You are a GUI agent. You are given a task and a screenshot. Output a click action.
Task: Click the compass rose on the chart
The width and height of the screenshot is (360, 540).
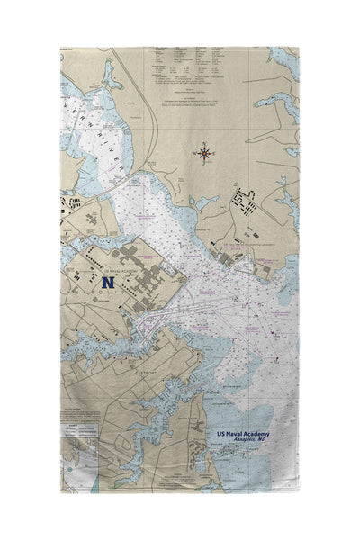coord(205,154)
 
